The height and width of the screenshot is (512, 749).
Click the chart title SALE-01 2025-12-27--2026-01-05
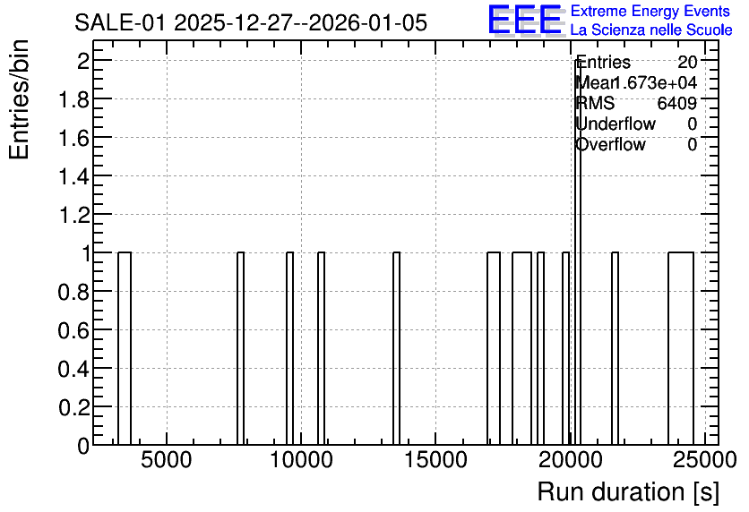click(250, 22)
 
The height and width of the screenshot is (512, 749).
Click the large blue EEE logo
click(525, 21)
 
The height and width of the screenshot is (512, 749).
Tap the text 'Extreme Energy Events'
click(650, 11)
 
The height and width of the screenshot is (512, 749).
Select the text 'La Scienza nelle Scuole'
click(651, 30)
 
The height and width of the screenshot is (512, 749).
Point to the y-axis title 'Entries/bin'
click(19, 99)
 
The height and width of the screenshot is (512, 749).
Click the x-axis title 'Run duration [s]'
click(628, 491)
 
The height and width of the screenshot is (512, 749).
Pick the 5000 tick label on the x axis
click(167, 460)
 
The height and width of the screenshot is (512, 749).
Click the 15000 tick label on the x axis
click(435, 460)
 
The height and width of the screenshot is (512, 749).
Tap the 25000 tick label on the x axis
click(704, 460)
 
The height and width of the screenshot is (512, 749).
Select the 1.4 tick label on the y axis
click(73, 176)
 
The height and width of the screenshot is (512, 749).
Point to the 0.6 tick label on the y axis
click(73, 330)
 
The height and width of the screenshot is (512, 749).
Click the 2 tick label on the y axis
click(83, 61)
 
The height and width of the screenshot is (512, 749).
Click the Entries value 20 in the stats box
click(687, 62)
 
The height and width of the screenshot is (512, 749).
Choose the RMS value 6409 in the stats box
click(676, 103)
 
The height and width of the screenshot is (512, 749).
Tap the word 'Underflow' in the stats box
click(616, 124)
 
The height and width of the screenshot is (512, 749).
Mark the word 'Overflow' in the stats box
click(610, 144)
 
